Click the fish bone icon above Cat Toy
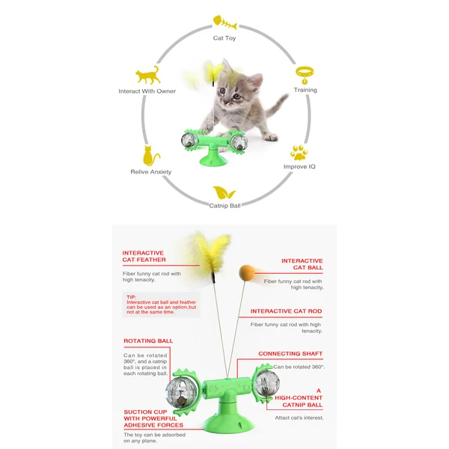click(x=224, y=21)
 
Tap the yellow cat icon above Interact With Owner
click(x=147, y=75)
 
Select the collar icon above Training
click(x=305, y=73)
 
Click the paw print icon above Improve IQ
click(x=299, y=151)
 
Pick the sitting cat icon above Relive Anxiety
click(x=150, y=156)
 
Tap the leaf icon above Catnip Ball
click(x=224, y=192)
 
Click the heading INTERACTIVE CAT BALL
click(x=302, y=264)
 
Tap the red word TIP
click(x=131, y=296)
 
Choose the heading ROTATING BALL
click(x=148, y=340)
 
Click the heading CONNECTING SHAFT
click(x=290, y=353)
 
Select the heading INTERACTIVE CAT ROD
click(x=287, y=311)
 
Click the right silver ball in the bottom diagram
click(x=266, y=384)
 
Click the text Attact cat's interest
click(x=299, y=417)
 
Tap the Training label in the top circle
click(x=305, y=90)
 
